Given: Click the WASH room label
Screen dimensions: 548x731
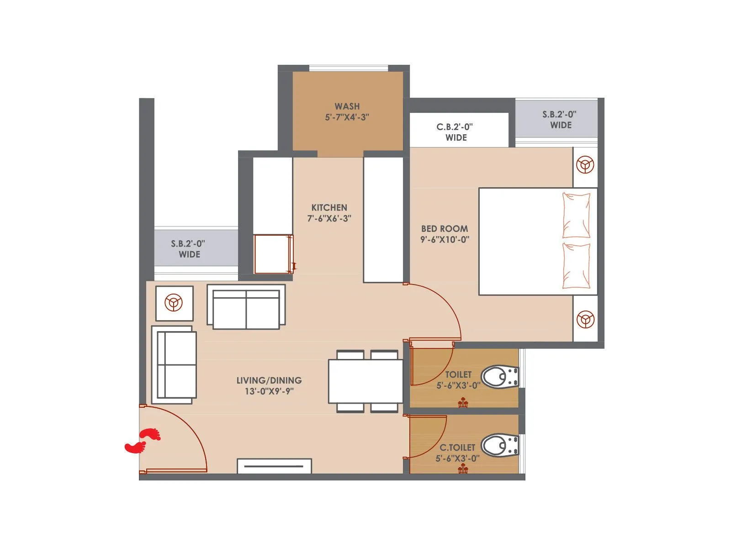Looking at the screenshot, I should (347, 106).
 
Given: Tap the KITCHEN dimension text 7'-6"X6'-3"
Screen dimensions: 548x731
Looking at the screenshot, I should (329, 218).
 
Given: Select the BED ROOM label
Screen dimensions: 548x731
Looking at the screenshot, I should (444, 229).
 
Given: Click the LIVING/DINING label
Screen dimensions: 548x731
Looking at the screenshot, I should (269, 380).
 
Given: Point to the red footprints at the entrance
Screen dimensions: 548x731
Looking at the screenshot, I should (143, 441).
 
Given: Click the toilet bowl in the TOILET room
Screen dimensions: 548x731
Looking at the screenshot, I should (499, 377).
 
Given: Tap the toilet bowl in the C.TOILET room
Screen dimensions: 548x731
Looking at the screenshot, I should (499, 445).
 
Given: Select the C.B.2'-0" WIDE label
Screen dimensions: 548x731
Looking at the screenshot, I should (455, 132).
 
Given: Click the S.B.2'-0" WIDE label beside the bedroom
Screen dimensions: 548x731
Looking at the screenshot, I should (560, 120).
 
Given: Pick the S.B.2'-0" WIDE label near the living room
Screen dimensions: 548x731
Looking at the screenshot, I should (188, 249).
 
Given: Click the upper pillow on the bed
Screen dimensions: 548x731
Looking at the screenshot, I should (576, 215).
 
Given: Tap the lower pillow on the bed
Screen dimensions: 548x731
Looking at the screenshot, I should (576, 266).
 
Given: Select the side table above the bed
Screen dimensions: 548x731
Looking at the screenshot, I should (585, 165).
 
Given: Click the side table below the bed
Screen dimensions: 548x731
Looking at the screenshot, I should (585, 319).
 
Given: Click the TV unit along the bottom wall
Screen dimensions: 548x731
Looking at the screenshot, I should (274, 466).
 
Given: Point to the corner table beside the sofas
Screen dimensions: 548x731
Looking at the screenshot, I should (174, 303).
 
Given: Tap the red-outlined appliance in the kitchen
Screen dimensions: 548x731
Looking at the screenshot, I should (273, 254).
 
